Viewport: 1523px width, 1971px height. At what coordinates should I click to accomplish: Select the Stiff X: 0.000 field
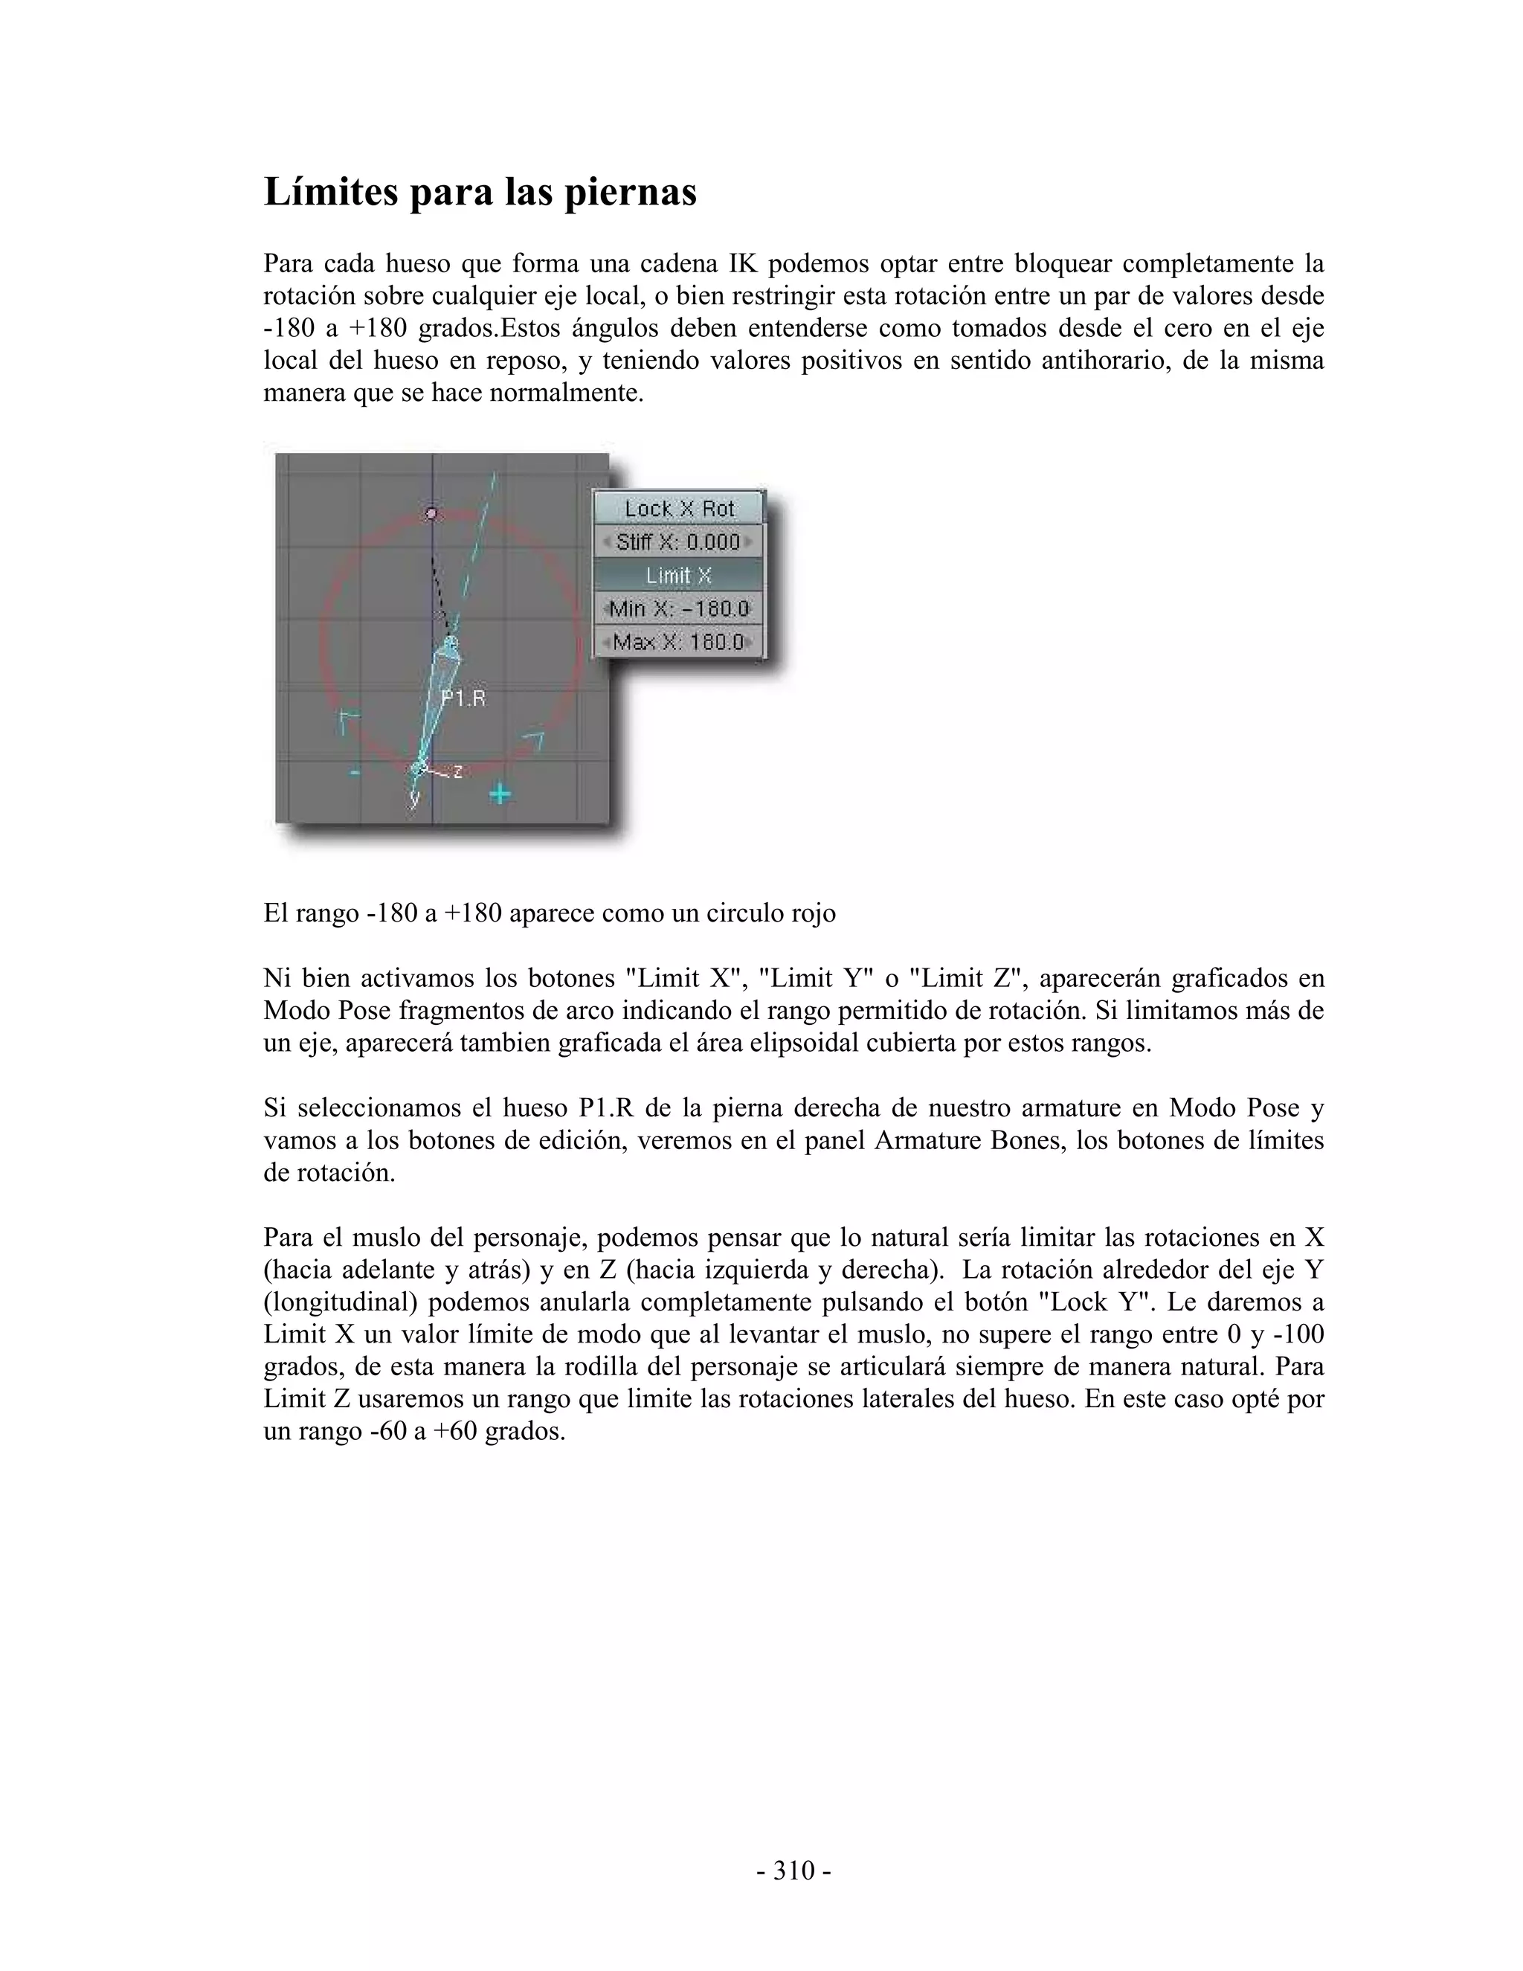[677, 541]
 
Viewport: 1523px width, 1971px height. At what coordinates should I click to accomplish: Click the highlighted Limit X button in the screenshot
[677, 575]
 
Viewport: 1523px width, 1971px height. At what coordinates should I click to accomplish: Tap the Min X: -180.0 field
[677, 608]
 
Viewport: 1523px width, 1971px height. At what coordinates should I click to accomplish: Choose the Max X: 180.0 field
[677, 642]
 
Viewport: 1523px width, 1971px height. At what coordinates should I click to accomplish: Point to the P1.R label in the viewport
[463, 698]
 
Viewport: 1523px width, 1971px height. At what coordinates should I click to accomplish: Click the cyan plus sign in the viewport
[500, 794]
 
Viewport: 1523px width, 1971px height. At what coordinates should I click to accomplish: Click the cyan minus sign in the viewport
[355, 773]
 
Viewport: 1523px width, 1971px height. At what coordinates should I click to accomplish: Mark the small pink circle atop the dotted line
[431, 513]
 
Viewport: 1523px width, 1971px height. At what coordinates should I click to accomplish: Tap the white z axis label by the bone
[457, 771]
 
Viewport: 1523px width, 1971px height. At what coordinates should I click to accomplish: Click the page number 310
[794, 1871]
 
